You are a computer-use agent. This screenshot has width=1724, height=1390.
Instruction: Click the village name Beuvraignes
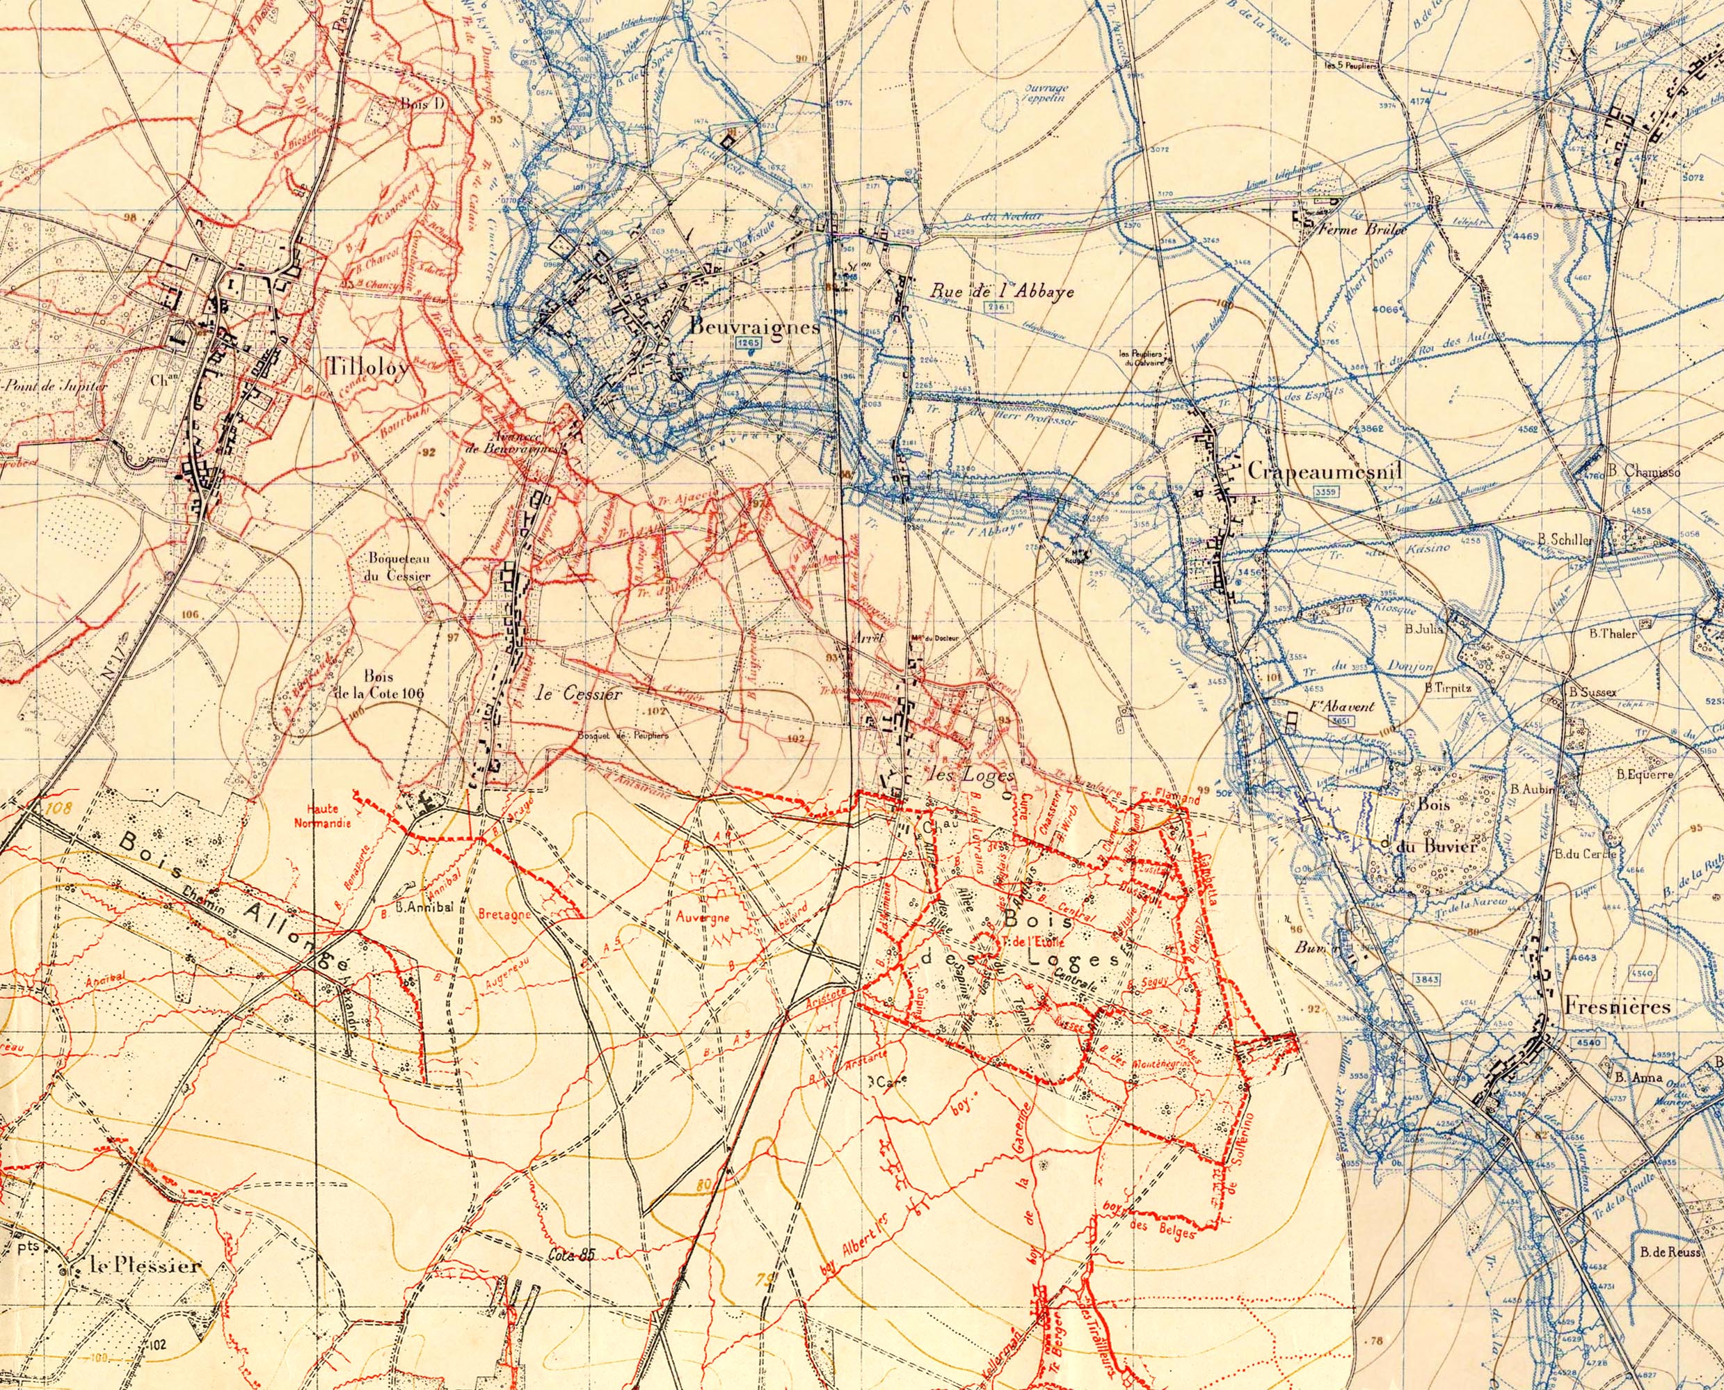[x=754, y=328]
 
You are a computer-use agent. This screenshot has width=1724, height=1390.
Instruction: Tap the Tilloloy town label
[x=368, y=367]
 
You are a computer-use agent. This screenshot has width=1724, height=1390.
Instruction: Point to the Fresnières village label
[x=1617, y=1007]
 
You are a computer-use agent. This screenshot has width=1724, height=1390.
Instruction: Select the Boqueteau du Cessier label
[x=399, y=567]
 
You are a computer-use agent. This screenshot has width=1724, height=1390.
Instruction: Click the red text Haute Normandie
[x=322, y=815]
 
